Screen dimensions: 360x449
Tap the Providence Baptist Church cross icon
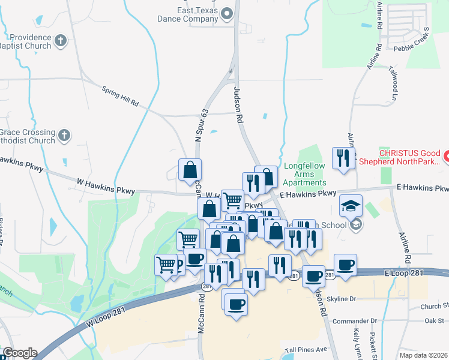tap(60, 41)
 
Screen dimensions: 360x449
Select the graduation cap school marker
tap(351, 206)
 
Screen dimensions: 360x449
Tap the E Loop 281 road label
tap(406, 273)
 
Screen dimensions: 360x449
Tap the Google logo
tap(20, 353)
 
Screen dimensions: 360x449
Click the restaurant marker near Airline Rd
tap(343, 158)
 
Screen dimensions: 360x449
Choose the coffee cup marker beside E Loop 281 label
tap(345, 265)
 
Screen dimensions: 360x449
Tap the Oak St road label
tap(433, 320)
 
